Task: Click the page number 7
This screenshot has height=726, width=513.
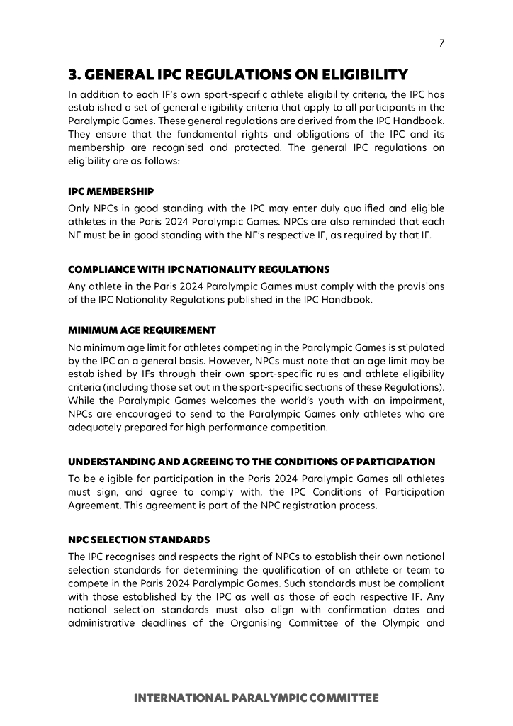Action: click(441, 43)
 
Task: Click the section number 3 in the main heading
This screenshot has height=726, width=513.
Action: click(72, 74)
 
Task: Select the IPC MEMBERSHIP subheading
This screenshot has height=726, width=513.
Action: click(111, 191)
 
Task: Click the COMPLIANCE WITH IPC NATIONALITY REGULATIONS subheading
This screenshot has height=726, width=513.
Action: click(198, 269)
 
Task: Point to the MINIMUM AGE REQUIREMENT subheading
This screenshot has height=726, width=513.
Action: click(142, 330)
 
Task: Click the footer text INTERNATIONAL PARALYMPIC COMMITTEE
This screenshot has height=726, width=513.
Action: click(256, 698)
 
